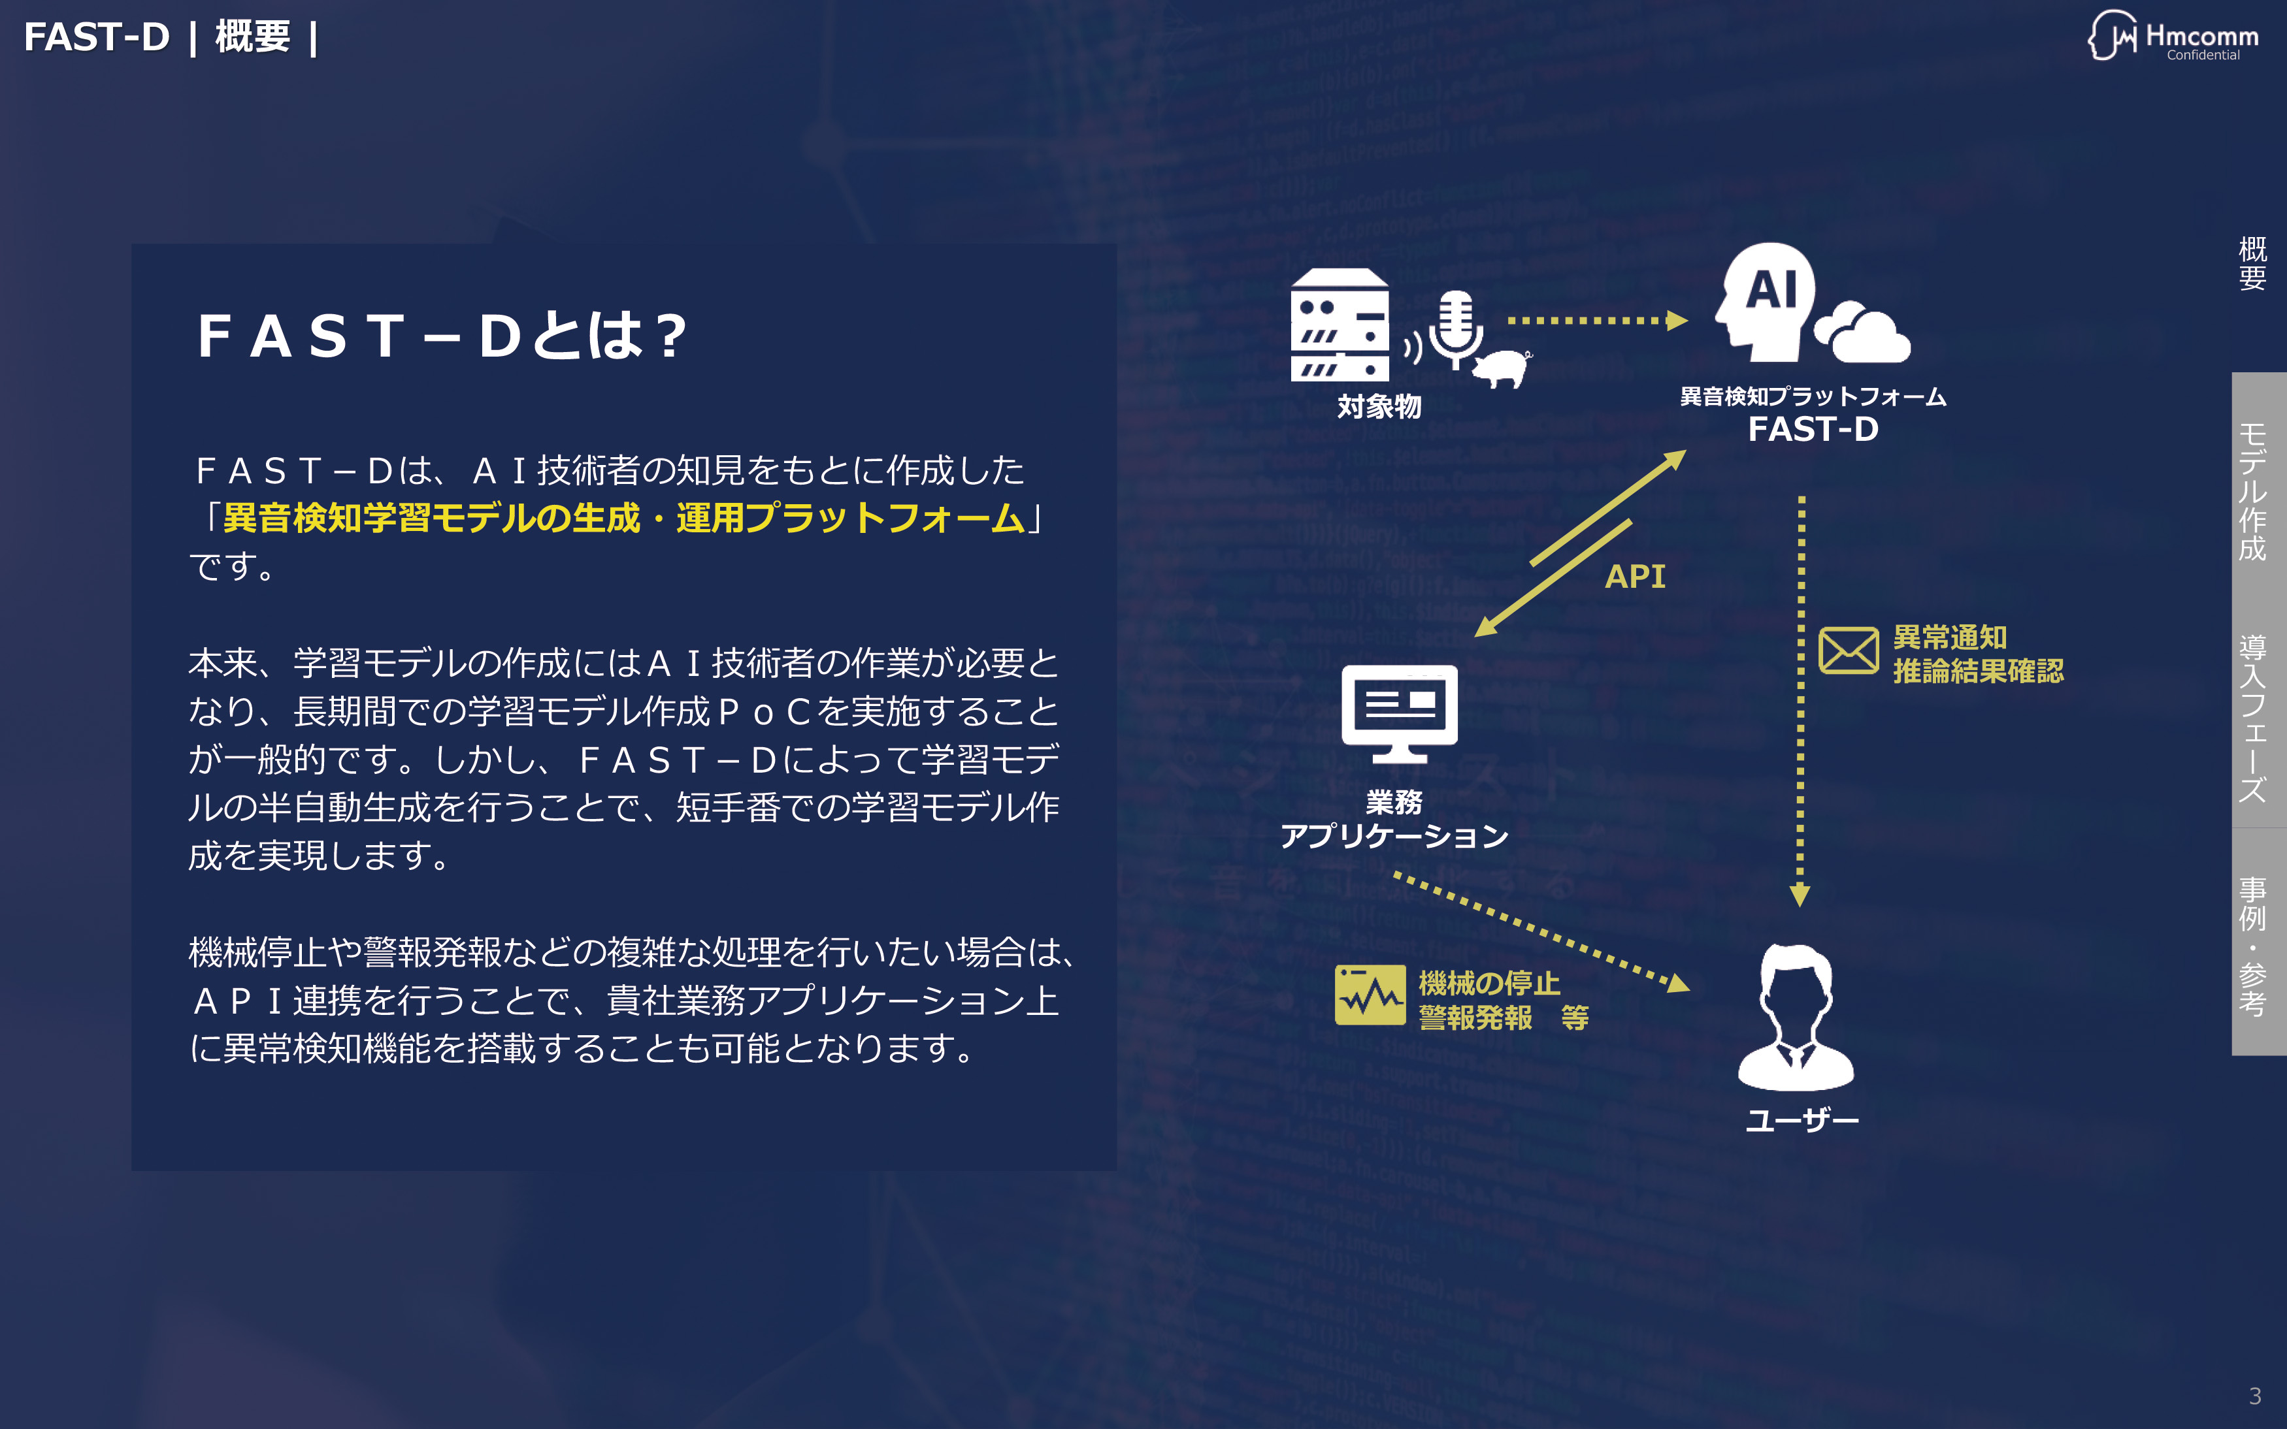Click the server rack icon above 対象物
1340,324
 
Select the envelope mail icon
1849,650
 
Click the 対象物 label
1379,406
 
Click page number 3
2255,1396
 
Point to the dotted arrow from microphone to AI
1597,321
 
